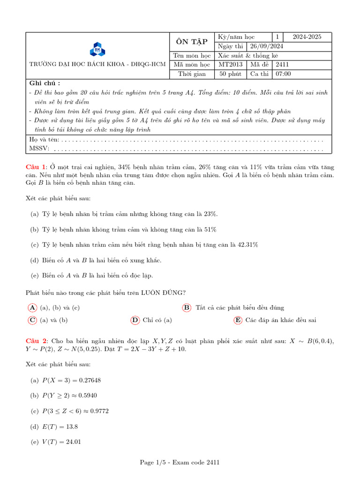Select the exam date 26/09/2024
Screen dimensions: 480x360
point(266,46)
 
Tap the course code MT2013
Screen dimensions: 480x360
point(230,65)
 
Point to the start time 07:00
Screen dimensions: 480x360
point(283,74)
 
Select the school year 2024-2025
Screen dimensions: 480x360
point(307,37)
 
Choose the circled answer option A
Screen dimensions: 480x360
point(32,307)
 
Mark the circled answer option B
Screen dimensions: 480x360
point(187,307)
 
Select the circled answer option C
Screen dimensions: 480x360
point(32,320)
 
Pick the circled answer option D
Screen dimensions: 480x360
point(135,320)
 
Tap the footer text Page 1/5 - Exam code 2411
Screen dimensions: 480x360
point(180,463)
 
